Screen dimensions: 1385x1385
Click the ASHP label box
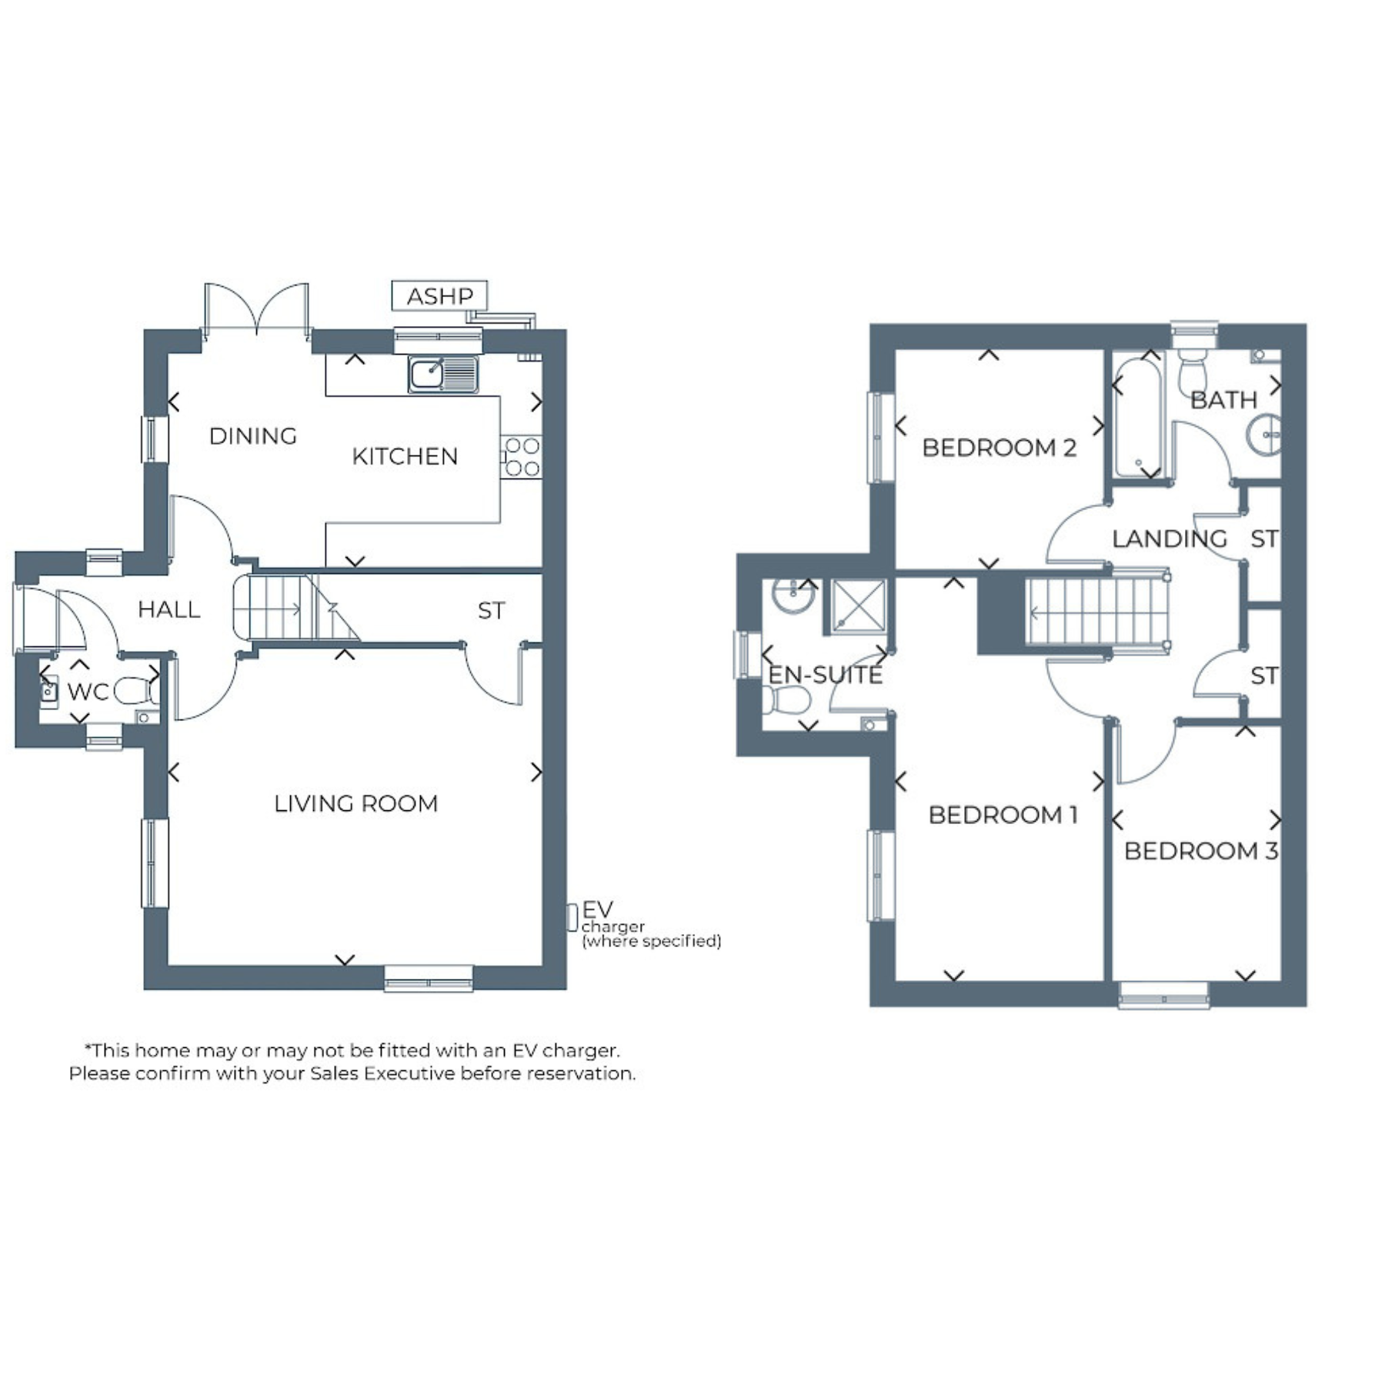click(x=439, y=295)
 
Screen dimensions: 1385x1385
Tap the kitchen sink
click(x=443, y=375)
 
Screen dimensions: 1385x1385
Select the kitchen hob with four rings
click(x=521, y=457)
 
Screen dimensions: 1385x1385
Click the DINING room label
click(x=253, y=436)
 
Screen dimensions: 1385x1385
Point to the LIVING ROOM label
click(x=356, y=804)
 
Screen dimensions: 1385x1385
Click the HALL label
click(x=169, y=610)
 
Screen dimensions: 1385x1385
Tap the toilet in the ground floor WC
click(x=136, y=691)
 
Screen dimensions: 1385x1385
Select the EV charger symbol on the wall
click(x=572, y=917)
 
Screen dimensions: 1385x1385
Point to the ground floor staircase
click(x=296, y=607)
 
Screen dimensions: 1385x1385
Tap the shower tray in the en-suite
click(x=859, y=606)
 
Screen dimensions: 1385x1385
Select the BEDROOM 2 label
click(x=1000, y=448)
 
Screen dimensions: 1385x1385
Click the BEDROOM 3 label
click(x=1201, y=851)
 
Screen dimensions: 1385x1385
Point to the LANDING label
click(x=1170, y=539)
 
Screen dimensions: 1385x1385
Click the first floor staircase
click(x=1098, y=612)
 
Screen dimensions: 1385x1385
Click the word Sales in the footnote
click(x=335, y=1073)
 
